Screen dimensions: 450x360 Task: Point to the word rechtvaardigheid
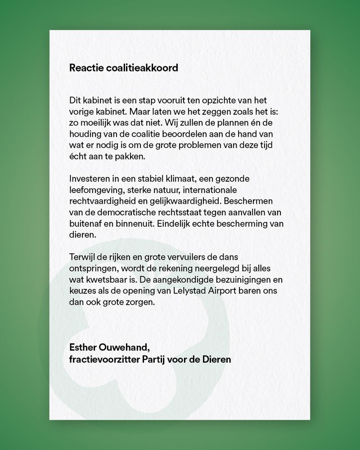pos(102,201)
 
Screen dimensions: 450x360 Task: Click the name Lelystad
pos(184,291)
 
